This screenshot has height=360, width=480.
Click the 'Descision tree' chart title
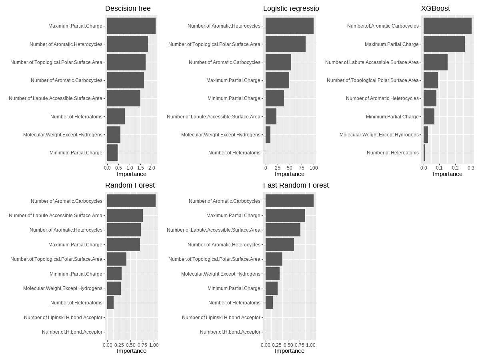128,8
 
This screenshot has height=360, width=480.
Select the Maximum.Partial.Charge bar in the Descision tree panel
131,26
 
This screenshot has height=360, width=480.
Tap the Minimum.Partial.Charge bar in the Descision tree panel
112,152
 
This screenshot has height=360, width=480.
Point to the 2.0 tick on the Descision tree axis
152,168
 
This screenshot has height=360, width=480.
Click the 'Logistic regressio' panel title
291,8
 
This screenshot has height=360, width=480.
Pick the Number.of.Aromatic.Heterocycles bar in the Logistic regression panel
289,26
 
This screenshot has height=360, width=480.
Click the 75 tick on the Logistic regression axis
302,168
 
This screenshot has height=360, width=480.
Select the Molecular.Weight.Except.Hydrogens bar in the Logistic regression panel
268,134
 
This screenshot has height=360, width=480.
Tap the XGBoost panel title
435,8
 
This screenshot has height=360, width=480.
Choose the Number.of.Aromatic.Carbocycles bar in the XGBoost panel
447,26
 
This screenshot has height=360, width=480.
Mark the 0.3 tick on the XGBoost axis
471,168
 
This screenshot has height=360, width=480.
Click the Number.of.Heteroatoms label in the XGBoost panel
392,152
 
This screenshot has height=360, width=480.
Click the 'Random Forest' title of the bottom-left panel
130,185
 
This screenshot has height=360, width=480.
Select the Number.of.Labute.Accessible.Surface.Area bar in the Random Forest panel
125,216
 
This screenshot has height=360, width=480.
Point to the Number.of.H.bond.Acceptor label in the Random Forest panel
72,332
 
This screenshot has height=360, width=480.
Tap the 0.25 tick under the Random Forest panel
119,344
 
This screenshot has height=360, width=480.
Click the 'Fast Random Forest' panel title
296,185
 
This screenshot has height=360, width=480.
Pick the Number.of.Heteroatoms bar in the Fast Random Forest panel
269,303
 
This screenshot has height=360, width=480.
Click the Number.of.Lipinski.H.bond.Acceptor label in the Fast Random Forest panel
221,317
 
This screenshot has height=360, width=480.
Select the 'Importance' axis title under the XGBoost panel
447,174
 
